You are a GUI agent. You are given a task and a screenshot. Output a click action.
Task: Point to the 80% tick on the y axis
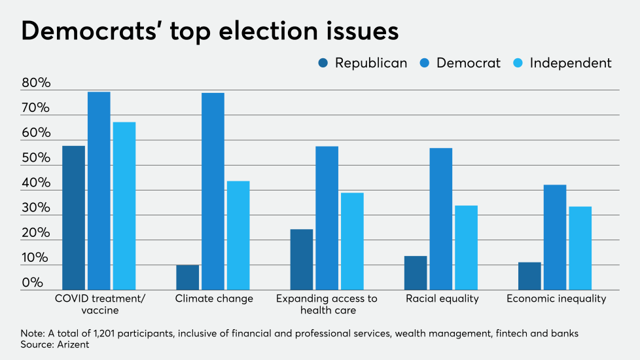(36, 83)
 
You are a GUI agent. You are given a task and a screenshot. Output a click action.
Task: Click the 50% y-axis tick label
(36, 158)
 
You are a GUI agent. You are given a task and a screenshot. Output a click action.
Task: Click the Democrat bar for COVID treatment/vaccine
(99, 190)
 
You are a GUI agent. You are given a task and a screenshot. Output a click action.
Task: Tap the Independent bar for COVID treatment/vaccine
(124, 206)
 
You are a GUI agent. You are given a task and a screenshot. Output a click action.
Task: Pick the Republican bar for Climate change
(188, 277)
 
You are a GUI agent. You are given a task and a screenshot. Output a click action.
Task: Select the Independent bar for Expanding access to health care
(352, 241)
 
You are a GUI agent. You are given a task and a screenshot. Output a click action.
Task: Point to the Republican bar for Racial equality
(416, 272)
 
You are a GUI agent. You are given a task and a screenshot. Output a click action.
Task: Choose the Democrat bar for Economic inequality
(555, 237)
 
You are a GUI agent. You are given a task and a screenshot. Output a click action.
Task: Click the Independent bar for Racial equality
(466, 247)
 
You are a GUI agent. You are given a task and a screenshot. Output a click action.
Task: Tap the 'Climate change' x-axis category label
(214, 298)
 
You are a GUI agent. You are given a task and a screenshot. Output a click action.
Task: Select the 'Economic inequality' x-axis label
(556, 298)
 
